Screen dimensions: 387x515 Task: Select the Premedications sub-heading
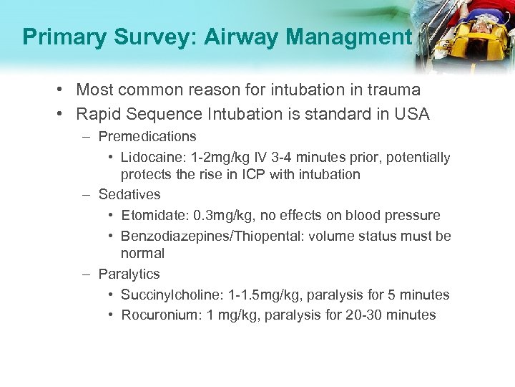[147, 136]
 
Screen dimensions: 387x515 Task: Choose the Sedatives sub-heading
[129, 194]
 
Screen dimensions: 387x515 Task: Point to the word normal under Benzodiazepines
[142, 253]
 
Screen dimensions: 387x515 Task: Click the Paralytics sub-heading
[129, 274]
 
